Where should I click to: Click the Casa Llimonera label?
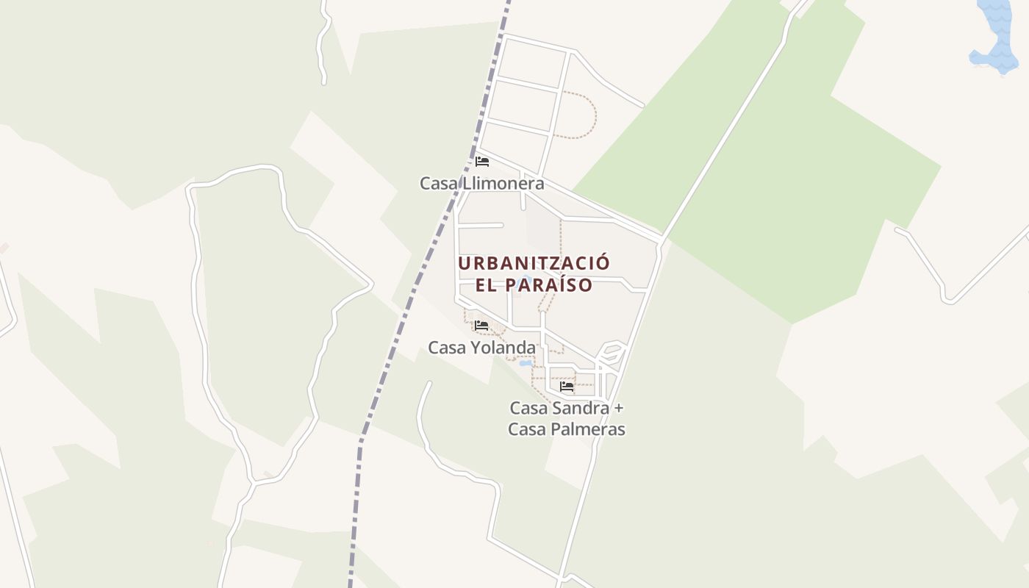481,183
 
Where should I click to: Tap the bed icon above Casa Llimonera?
482,162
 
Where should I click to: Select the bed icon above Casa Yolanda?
481,325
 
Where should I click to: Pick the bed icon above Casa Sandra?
567,386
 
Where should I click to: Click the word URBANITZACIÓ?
534,263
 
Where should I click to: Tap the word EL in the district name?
487,285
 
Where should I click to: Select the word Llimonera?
502,183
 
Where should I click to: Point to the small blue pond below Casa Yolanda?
526,363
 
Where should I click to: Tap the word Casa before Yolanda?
446,347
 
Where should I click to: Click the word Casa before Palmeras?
527,429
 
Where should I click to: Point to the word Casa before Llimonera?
438,183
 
